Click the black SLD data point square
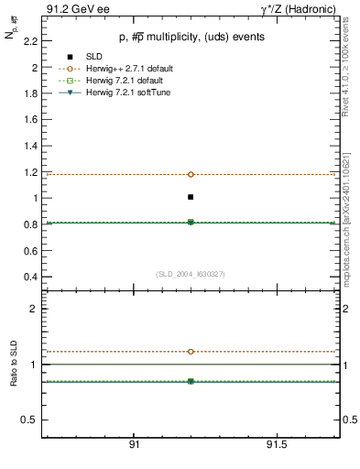[191, 197]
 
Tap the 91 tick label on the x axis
[134, 444]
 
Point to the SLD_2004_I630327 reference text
[191, 274]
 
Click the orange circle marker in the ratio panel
[191, 352]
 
